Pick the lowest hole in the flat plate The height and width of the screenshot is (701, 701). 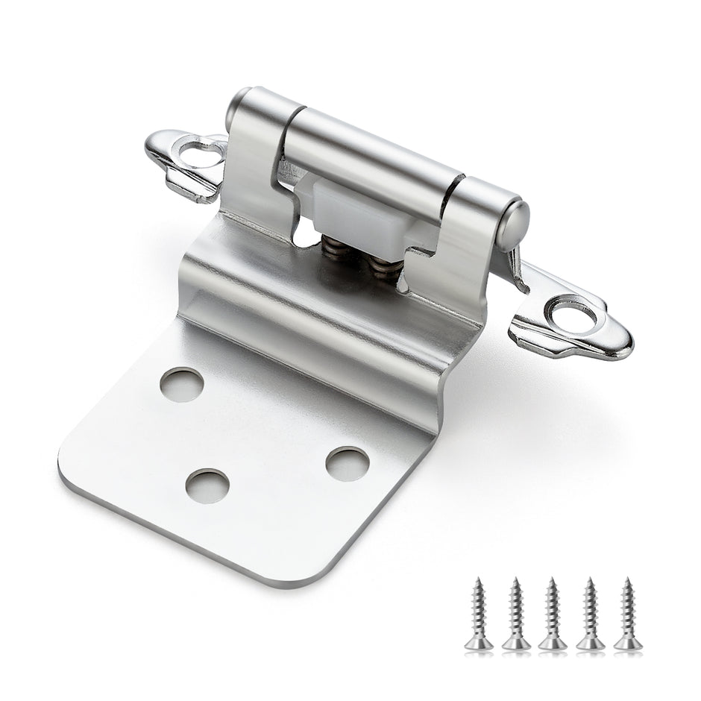click(x=207, y=486)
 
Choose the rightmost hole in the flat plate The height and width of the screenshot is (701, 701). click(x=347, y=463)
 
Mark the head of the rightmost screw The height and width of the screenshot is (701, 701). click(x=628, y=643)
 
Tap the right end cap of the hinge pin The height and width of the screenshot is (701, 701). click(x=515, y=224)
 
